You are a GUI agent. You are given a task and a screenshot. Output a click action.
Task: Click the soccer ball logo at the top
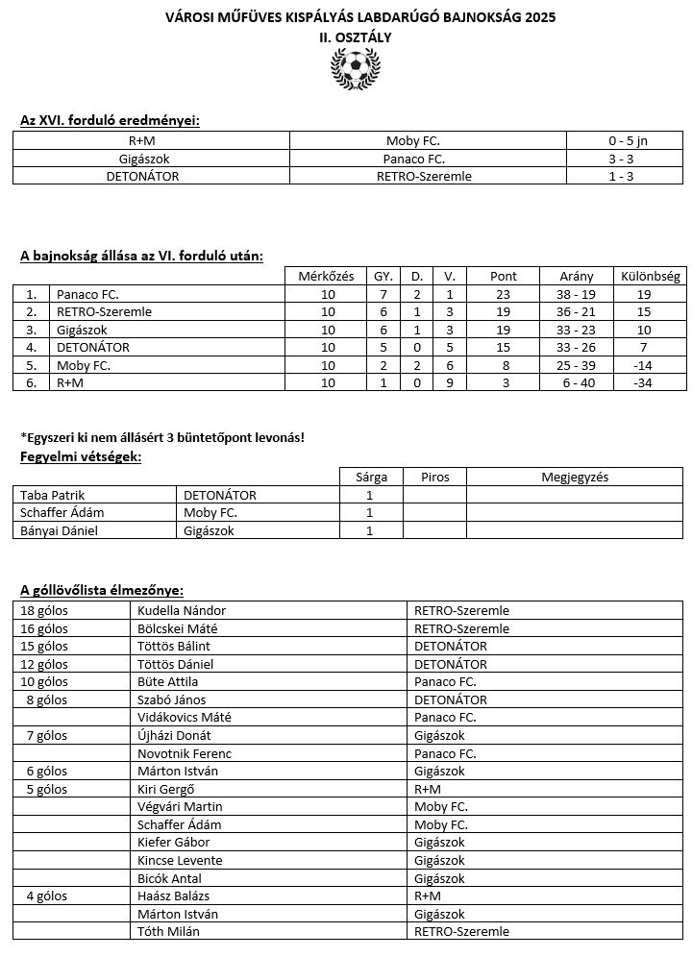point(354,69)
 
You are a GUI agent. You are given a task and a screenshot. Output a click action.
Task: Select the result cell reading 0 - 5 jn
point(627,140)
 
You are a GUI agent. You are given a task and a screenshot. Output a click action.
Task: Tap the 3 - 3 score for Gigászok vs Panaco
point(627,159)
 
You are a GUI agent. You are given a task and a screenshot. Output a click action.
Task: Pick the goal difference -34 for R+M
point(644,382)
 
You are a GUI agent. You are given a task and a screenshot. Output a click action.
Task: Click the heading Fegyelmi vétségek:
point(81,456)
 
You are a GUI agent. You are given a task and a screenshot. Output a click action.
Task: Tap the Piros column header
point(434,477)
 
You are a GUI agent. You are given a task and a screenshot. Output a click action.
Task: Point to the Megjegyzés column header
point(575,477)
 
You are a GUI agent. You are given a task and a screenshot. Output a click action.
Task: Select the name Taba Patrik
point(53,495)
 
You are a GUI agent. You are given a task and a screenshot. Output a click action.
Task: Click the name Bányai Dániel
point(60,530)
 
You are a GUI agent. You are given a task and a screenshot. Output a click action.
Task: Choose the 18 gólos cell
point(44,610)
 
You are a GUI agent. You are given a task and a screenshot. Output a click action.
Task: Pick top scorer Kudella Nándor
point(182,610)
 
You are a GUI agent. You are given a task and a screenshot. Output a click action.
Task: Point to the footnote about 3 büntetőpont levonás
point(162,437)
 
